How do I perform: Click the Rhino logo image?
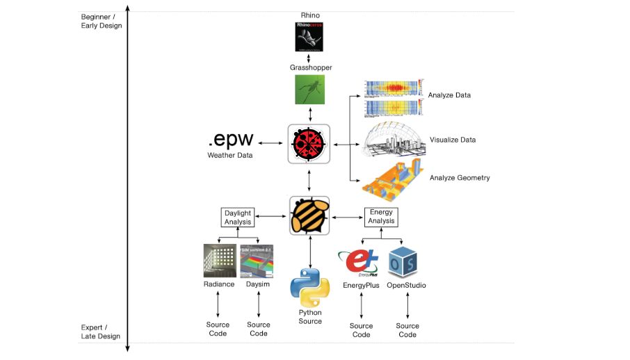click(309, 37)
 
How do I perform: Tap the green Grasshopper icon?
click(309, 90)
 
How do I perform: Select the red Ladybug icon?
click(309, 144)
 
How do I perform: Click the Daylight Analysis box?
click(238, 217)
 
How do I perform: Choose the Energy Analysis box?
click(381, 216)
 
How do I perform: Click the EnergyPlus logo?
click(360, 262)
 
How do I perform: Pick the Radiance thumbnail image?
click(219, 261)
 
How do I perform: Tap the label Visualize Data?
click(453, 140)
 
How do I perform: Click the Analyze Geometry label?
click(460, 178)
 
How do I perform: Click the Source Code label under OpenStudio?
click(407, 330)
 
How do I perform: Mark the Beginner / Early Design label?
click(101, 21)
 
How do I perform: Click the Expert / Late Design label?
click(101, 332)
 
